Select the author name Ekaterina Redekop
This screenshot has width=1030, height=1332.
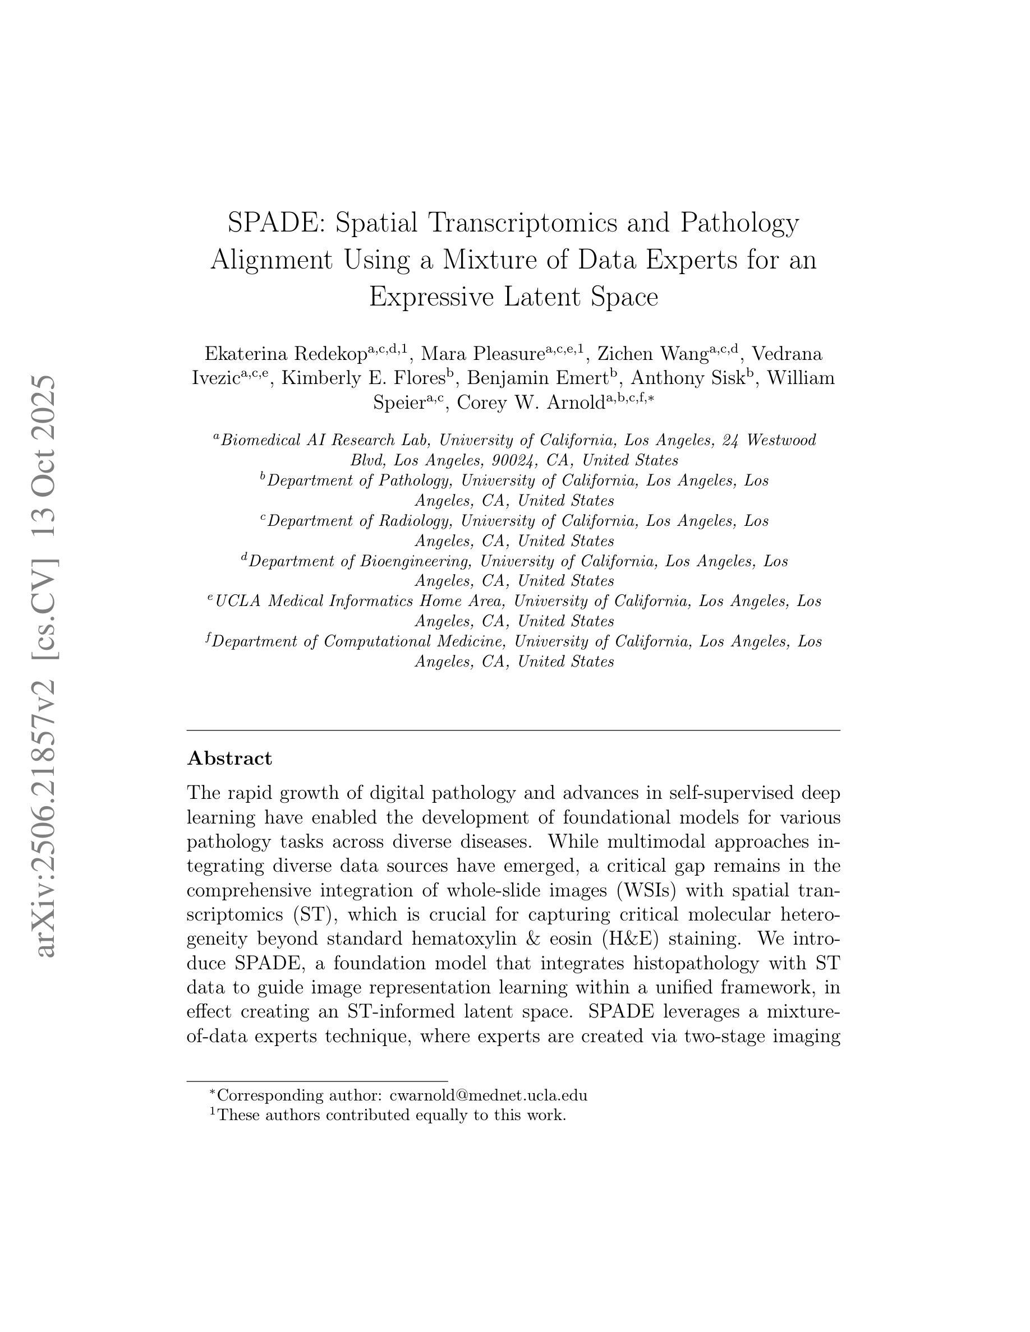pos(286,354)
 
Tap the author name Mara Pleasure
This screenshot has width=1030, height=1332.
pos(482,354)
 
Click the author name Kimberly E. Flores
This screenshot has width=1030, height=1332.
pos(362,379)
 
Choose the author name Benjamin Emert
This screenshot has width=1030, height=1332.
pos(537,379)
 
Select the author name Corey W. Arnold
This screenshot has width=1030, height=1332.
pos(530,403)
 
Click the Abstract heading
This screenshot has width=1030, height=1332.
pos(229,758)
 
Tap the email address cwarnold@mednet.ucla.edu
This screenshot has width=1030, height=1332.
pos(488,1095)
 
